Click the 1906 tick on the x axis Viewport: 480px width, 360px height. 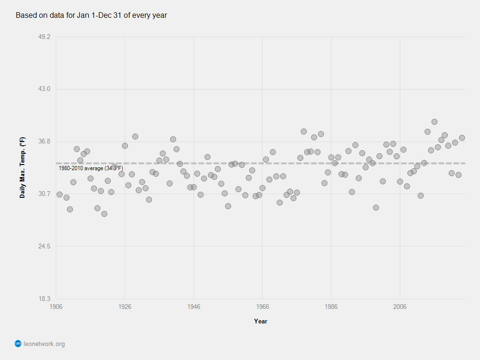click(56, 307)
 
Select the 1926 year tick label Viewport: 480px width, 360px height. click(125, 307)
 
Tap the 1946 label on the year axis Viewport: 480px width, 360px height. click(194, 307)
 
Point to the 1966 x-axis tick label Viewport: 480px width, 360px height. click(262, 307)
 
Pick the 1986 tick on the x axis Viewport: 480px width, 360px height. click(331, 307)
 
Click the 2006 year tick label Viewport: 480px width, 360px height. click(400, 307)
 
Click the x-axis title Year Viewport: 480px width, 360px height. click(261, 321)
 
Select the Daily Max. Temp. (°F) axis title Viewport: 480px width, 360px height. click(22, 167)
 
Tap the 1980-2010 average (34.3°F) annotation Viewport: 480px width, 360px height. click(91, 168)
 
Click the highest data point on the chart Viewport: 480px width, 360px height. click(435, 122)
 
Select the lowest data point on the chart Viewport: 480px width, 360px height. click(104, 214)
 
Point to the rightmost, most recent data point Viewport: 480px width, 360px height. click(462, 138)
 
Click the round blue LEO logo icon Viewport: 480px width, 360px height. click(18, 344)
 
